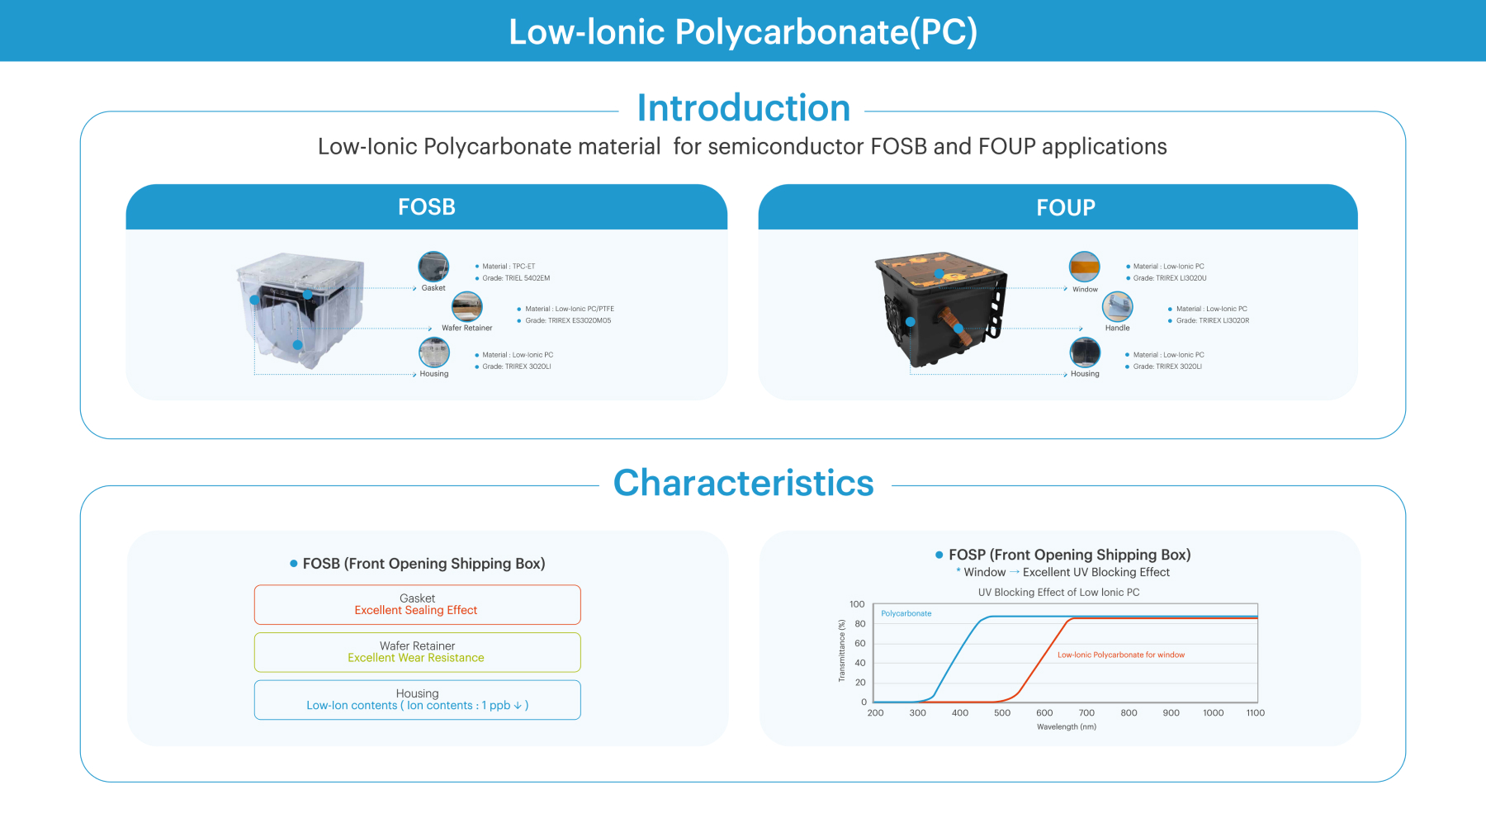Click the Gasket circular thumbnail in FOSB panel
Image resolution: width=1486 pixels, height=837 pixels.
(433, 267)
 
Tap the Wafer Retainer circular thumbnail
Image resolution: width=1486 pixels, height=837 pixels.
(467, 307)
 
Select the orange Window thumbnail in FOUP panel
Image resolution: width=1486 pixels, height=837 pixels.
(1085, 267)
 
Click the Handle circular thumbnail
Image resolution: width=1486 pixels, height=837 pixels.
(1118, 307)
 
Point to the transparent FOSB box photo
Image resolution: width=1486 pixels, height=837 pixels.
(301, 310)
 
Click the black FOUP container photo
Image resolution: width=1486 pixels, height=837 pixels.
(941, 310)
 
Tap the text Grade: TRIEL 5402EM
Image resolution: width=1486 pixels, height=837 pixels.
(516, 278)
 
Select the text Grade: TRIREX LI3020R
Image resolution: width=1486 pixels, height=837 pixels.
(1213, 320)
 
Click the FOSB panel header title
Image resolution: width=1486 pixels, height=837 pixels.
(427, 207)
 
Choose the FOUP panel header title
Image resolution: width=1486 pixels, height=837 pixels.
(1066, 208)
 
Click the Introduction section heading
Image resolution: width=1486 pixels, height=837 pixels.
(744, 108)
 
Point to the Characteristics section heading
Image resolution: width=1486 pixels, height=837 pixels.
(744, 483)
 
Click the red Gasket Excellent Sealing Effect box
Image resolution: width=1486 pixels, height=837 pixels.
(418, 605)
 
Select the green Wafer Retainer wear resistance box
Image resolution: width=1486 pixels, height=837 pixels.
(418, 652)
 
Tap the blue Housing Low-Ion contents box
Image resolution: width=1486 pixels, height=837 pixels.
(418, 700)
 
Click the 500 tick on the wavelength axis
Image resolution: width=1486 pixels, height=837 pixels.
(1002, 713)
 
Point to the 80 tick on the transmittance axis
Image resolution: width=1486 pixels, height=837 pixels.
(860, 624)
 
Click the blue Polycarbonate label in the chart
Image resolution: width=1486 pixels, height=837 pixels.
(906, 613)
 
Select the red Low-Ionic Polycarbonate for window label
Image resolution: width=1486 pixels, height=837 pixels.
(1121, 655)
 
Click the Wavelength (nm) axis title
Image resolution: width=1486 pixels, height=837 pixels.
(1067, 727)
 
